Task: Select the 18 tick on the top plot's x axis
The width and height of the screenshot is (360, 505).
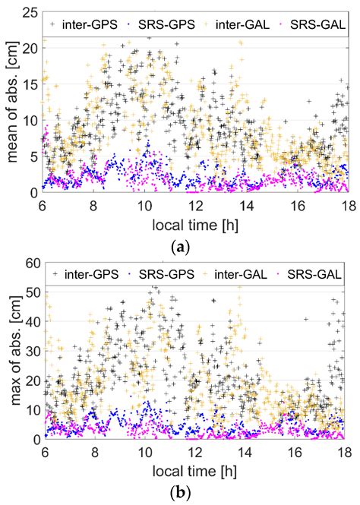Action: pos(347,204)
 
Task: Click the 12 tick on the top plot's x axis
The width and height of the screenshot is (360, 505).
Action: pos(196,204)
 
